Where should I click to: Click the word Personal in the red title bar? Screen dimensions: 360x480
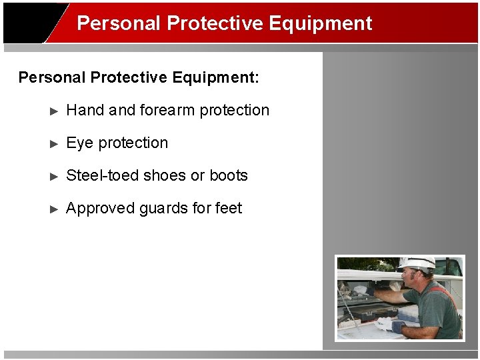(119, 23)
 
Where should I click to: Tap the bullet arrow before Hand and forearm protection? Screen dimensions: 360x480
(55, 111)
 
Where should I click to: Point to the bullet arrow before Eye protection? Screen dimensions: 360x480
(55, 144)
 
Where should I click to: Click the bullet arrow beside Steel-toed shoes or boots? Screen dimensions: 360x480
(55, 177)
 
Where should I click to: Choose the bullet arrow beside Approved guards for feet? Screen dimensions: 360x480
(55, 209)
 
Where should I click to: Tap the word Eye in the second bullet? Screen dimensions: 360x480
(80, 143)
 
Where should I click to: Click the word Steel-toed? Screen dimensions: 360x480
(103, 176)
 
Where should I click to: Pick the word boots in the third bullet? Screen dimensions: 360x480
(229, 176)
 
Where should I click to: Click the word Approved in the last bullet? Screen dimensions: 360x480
(101, 209)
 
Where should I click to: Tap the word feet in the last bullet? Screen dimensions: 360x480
(229, 209)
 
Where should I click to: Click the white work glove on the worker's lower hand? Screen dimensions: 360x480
(386, 325)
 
